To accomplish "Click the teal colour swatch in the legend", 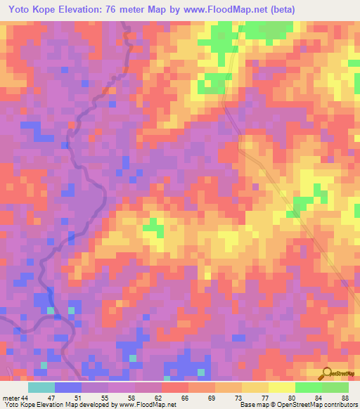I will click(41, 387).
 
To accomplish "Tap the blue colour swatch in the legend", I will click(68, 387).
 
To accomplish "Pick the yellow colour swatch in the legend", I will click(281, 387).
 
